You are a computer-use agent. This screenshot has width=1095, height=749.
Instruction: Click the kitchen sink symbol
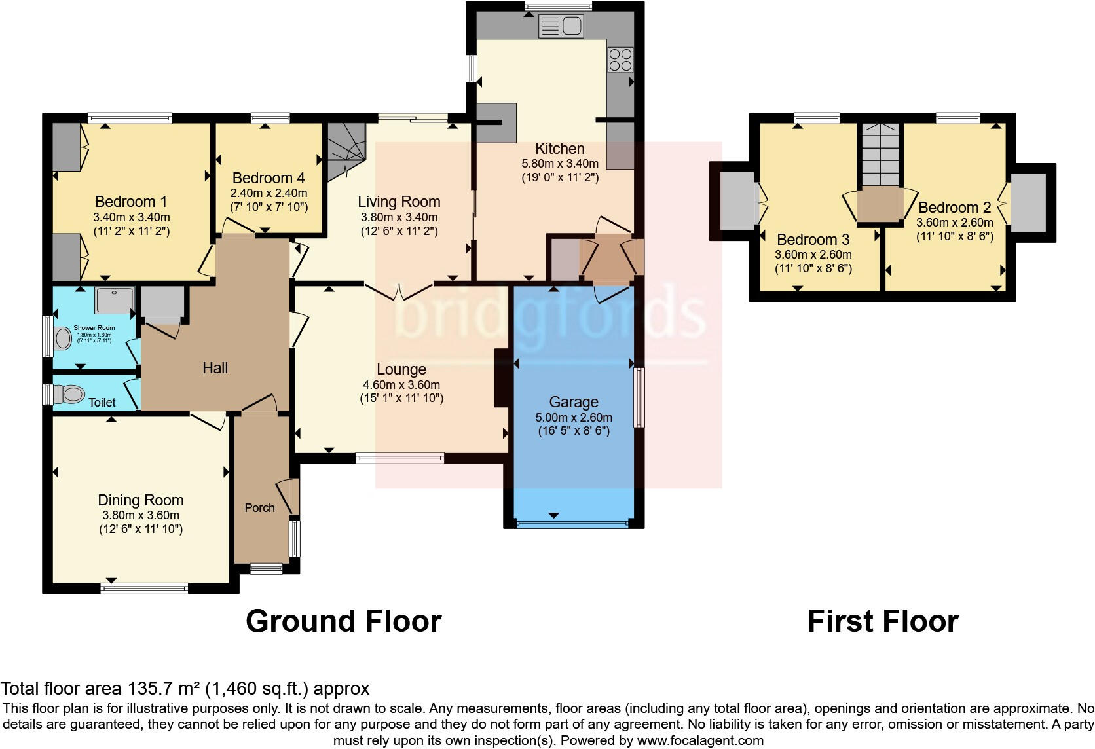coord(561,27)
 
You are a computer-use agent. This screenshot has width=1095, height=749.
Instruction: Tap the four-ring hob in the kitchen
coord(620,60)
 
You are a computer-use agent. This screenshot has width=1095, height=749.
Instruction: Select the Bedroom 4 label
coord(268,178)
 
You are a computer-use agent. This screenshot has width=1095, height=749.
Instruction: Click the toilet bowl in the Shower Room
coord(64,338)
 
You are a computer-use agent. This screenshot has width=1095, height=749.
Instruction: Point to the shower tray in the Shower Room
coord(115,300)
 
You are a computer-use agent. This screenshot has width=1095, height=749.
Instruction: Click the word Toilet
coord(102,403)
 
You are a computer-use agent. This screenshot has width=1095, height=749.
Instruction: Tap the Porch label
coord(259,508)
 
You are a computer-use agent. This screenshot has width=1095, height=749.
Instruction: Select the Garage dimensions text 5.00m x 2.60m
coord(574,418)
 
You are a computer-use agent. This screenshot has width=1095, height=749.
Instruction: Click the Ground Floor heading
coord(343,621)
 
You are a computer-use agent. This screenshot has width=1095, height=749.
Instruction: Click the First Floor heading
coord(882,621)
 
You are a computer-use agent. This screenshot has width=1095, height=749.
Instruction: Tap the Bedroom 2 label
coord(954,208)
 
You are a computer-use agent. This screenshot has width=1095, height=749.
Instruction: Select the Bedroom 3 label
coord(813,240)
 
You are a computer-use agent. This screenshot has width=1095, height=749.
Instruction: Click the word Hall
coord(215,368)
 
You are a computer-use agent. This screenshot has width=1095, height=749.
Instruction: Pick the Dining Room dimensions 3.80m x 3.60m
coord(140,515)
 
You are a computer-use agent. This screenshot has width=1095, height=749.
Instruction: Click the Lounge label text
coord(401,369)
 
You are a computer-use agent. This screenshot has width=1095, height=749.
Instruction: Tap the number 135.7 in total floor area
coord(148,689)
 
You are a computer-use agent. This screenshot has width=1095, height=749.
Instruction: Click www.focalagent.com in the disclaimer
coord(699,740)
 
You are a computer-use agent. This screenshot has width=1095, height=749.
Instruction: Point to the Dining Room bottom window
coord(144,588)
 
